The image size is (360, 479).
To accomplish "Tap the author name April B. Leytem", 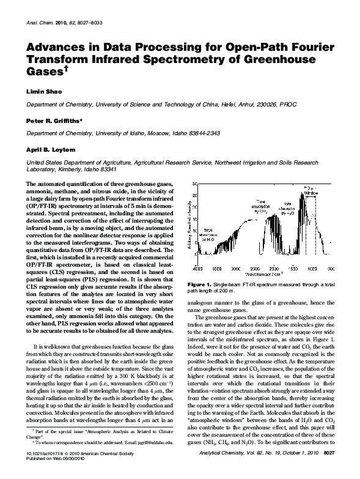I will (47, 149).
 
